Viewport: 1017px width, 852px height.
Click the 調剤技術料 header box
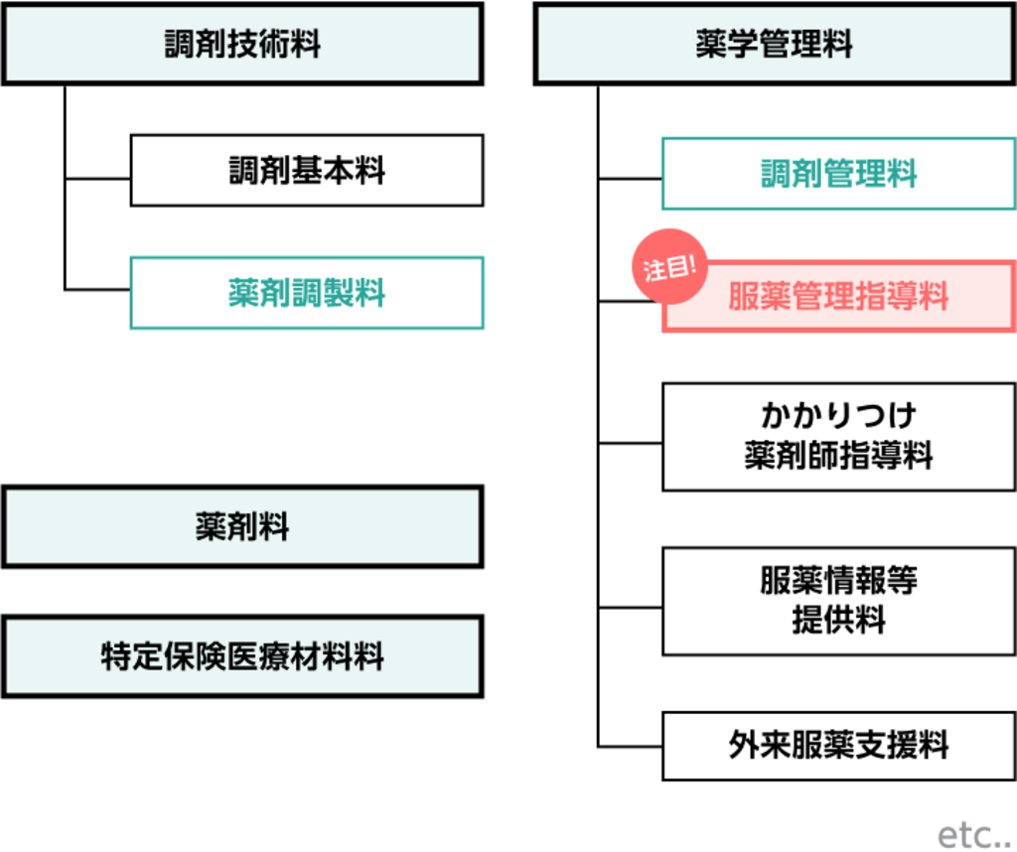[242, 45]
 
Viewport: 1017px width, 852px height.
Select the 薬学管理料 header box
[775, 45]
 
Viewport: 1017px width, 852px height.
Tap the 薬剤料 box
[242, 527]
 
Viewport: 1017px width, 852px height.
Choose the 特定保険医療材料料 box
[242, 656]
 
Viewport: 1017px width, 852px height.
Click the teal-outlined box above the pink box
[838, 176]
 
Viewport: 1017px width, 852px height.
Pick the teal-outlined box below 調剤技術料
[308, 293]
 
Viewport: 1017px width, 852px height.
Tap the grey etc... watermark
[972, 835]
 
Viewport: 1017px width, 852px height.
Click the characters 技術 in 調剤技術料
[242, 45]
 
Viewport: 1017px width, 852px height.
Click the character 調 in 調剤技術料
[180, 45]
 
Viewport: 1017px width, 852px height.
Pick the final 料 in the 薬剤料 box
[274, 527]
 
